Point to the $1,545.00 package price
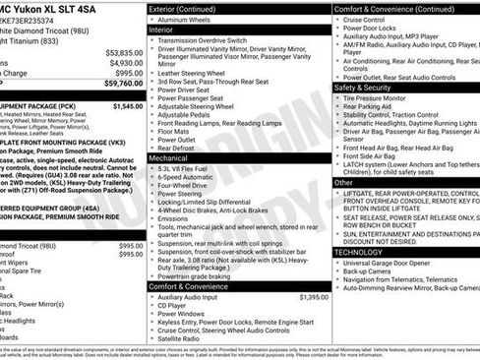point(127,105)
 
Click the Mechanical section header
point(169,156)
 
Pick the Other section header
point(343,182)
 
